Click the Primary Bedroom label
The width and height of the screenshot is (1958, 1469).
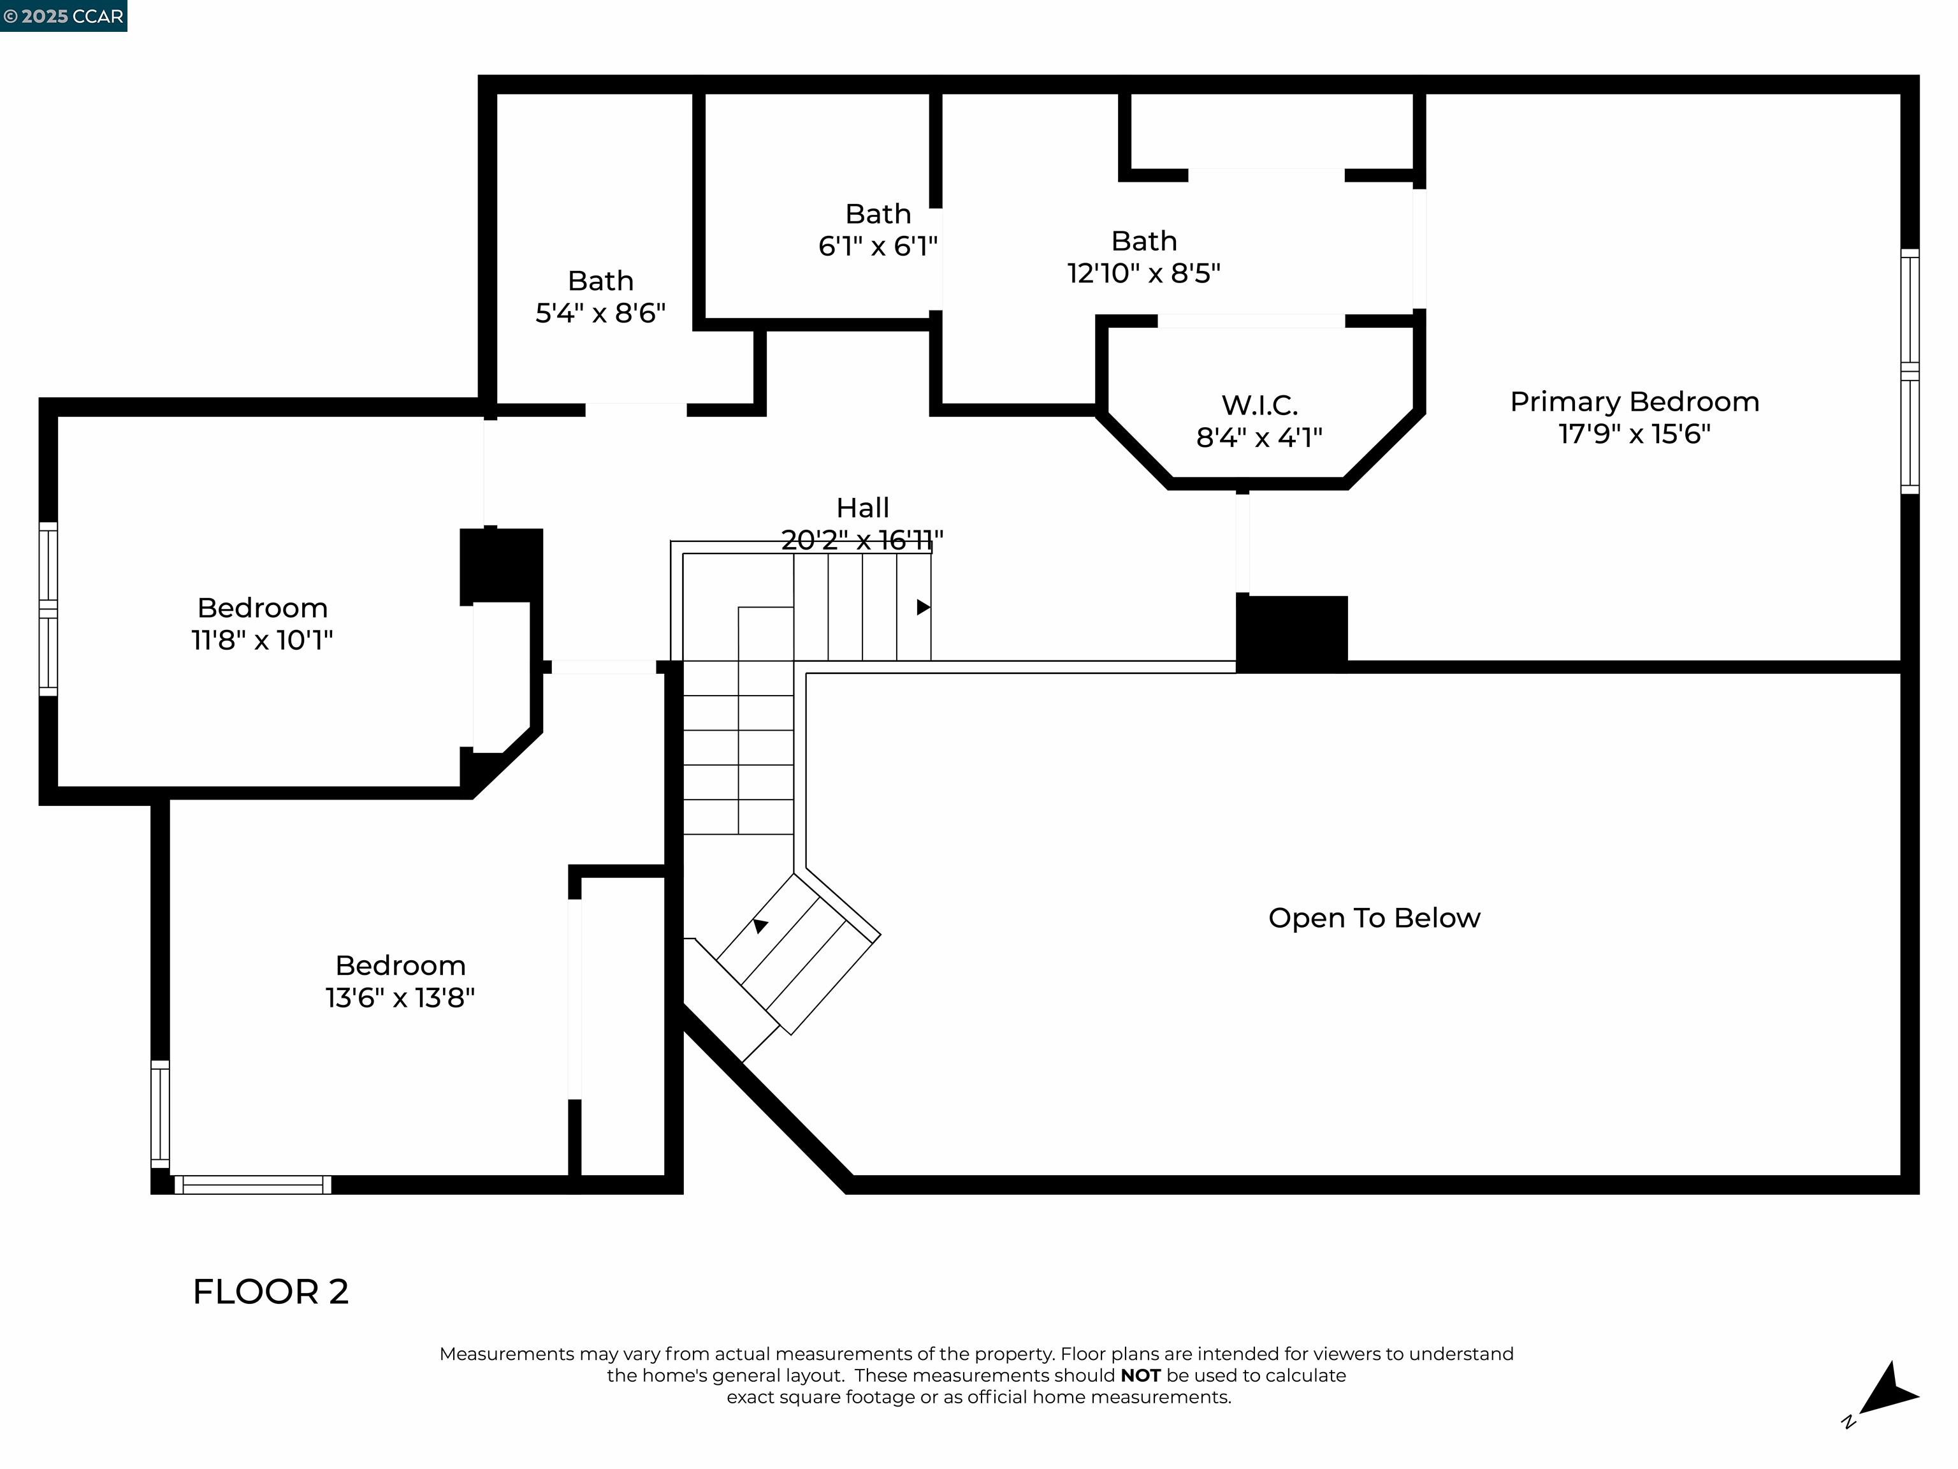pos(1634,402)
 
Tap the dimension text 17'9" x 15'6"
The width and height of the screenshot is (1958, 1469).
pos(1634,434)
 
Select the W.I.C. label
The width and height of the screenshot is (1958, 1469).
pos(1259,406)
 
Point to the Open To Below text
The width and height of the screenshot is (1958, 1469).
pos(1374,917)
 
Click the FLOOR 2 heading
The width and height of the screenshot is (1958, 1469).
pos(271,1291)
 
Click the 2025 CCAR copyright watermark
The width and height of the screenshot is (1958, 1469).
pos(63,16)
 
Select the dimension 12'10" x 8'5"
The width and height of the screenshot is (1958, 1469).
pos(1143,273)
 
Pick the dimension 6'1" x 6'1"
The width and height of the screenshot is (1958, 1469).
pos(878,245)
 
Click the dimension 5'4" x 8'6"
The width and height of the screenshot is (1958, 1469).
pos(600,312)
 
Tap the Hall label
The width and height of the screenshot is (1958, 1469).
pos(862,508)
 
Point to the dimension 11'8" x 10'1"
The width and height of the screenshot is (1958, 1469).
pos(262,639)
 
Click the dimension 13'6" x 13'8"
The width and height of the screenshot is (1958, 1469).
pos(400,997)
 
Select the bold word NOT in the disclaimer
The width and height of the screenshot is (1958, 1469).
pos(1140,1375)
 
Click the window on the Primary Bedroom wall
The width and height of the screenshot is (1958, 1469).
pos(1910,372)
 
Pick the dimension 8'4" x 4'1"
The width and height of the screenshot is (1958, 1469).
pos(1259,437)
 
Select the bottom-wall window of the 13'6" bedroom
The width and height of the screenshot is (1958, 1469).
pos(252,1185)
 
